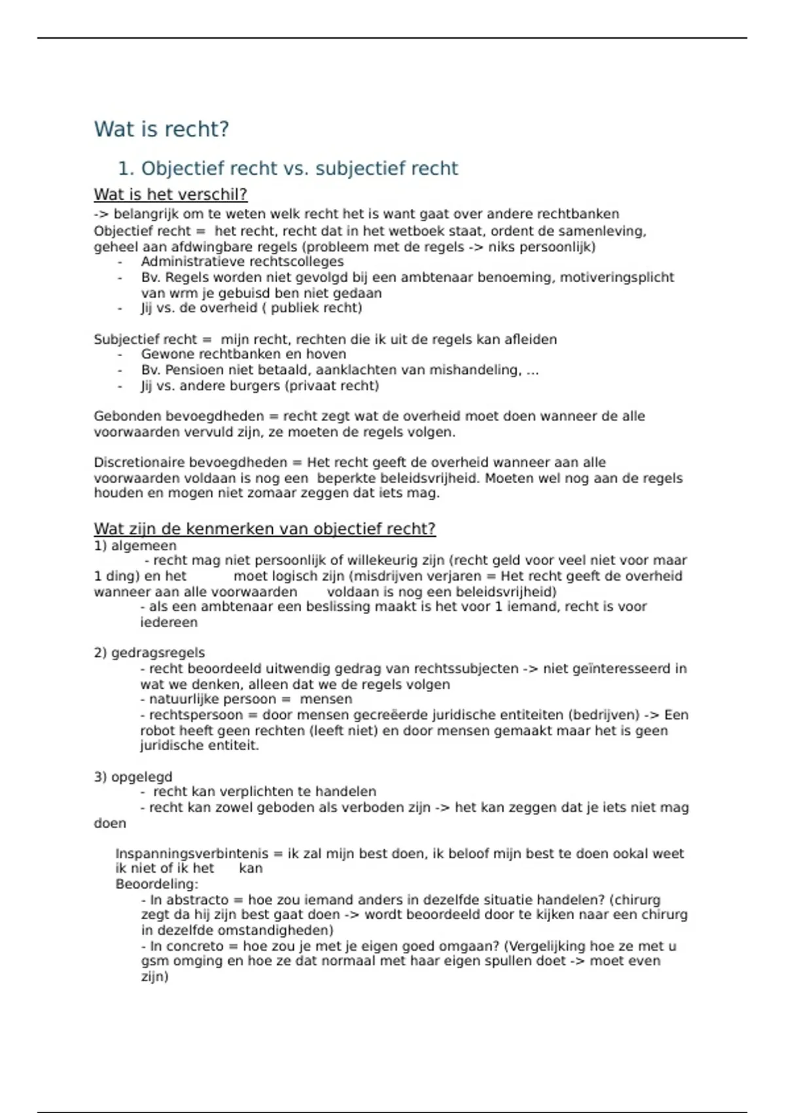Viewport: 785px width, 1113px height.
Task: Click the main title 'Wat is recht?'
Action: (x=161, y=129)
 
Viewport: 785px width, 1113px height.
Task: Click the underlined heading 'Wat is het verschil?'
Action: (x=170, y=194)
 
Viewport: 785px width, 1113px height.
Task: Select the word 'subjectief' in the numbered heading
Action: (x=351, y=169)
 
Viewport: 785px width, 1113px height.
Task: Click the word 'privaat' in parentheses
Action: (x=307, y=386)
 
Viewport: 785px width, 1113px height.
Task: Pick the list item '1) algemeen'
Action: (x=135, y=545)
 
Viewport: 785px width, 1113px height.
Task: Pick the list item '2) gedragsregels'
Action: (x=149, y=653)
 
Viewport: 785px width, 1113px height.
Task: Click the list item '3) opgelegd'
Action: (x=133, y=777)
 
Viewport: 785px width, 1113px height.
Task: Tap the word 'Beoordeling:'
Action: (x=157, y=885)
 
